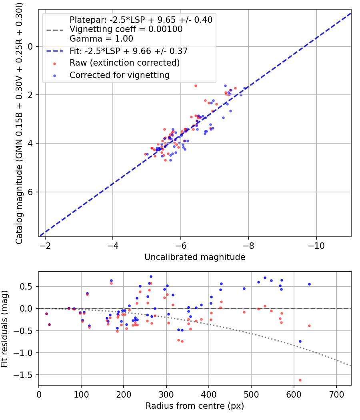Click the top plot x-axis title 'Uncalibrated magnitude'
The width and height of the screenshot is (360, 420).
pyautogui.click(x=195, y=257)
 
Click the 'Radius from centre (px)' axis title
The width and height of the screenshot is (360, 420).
pyautogui.click(x=195, y=406)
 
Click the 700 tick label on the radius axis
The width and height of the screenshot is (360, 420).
pyautogui.click(x=336, y=394)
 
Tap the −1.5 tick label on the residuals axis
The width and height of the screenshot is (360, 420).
pyautogui.click(x=25, y=375)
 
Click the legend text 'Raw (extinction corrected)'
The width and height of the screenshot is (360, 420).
pyautogui.click(x=124, y=63)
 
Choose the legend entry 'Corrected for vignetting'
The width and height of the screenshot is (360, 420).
pyautogui.click(x=120, y=75)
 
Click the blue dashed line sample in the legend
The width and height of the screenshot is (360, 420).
pyautogui.click(x=54, y=51)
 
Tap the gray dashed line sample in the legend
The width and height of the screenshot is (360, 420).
pyautogui.click(x=54, y=30)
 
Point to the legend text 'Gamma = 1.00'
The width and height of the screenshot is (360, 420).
pyautogui.click(x=101, y=39)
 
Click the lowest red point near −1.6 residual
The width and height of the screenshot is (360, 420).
pyautogui.click(x=300, y=380)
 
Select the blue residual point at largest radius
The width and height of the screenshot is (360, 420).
pyautogui.click(x=309, y=284)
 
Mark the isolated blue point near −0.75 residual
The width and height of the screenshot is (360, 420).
pyautogui.click(x=300, y=341)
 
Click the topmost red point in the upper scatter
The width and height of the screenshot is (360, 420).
pyautogui.click(x=196, y=86)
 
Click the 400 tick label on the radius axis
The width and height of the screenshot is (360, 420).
pyautogui.click(x=209, y=394)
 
